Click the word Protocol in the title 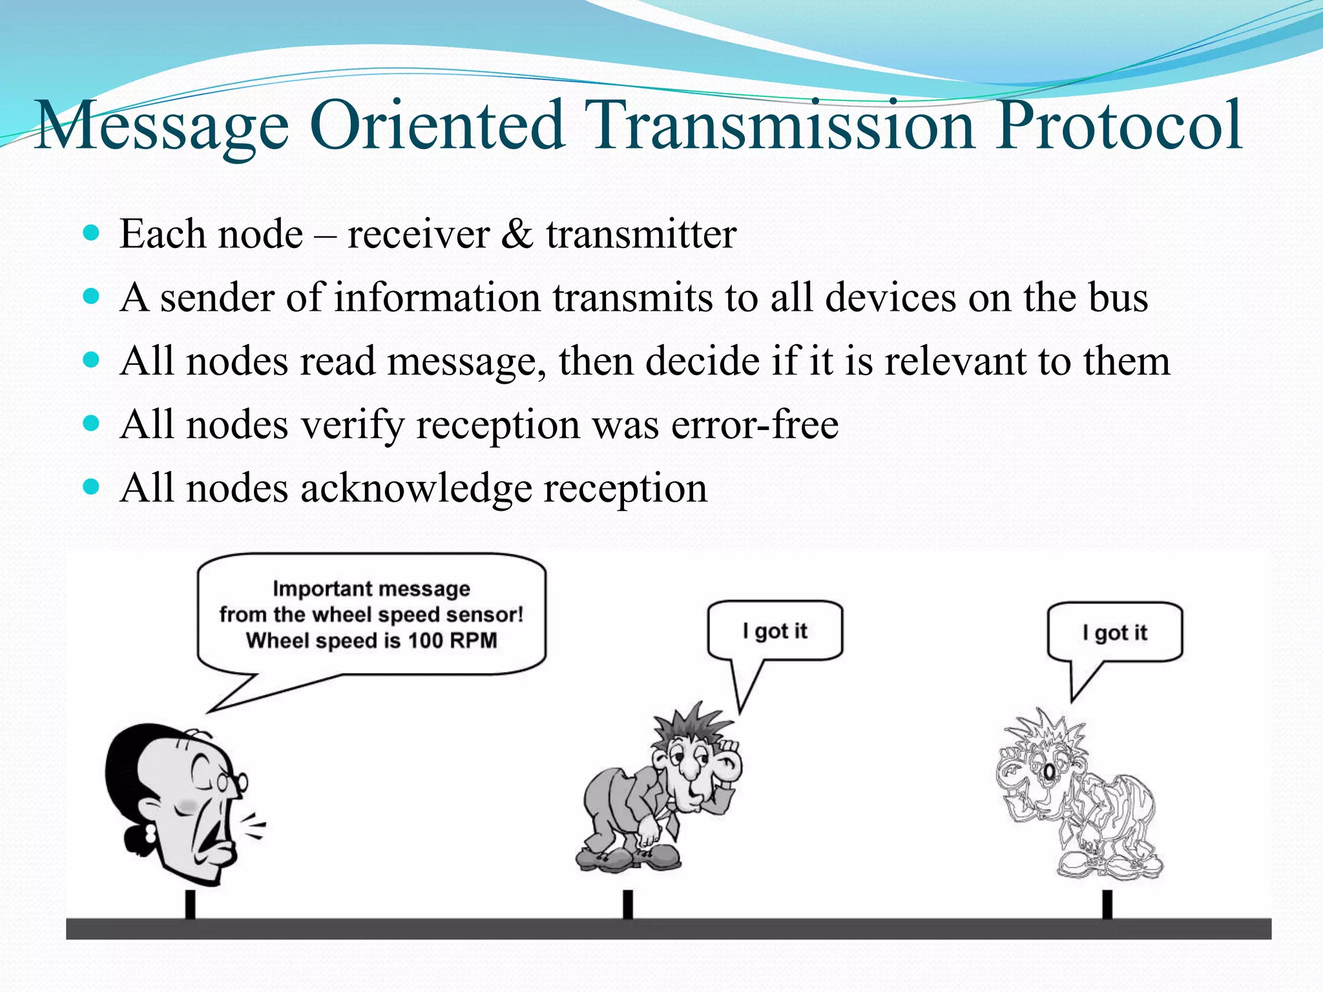1118,126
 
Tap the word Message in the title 161,127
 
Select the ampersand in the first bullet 517,234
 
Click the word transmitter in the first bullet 641,234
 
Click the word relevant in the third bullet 955,361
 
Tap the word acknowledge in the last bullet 416,488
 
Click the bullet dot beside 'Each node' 92,232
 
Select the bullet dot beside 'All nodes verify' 92,424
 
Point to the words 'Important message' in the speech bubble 371,589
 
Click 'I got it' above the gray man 775,631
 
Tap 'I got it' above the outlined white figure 1115,633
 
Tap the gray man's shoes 627,859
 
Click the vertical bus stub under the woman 190,904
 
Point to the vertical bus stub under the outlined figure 1107,904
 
